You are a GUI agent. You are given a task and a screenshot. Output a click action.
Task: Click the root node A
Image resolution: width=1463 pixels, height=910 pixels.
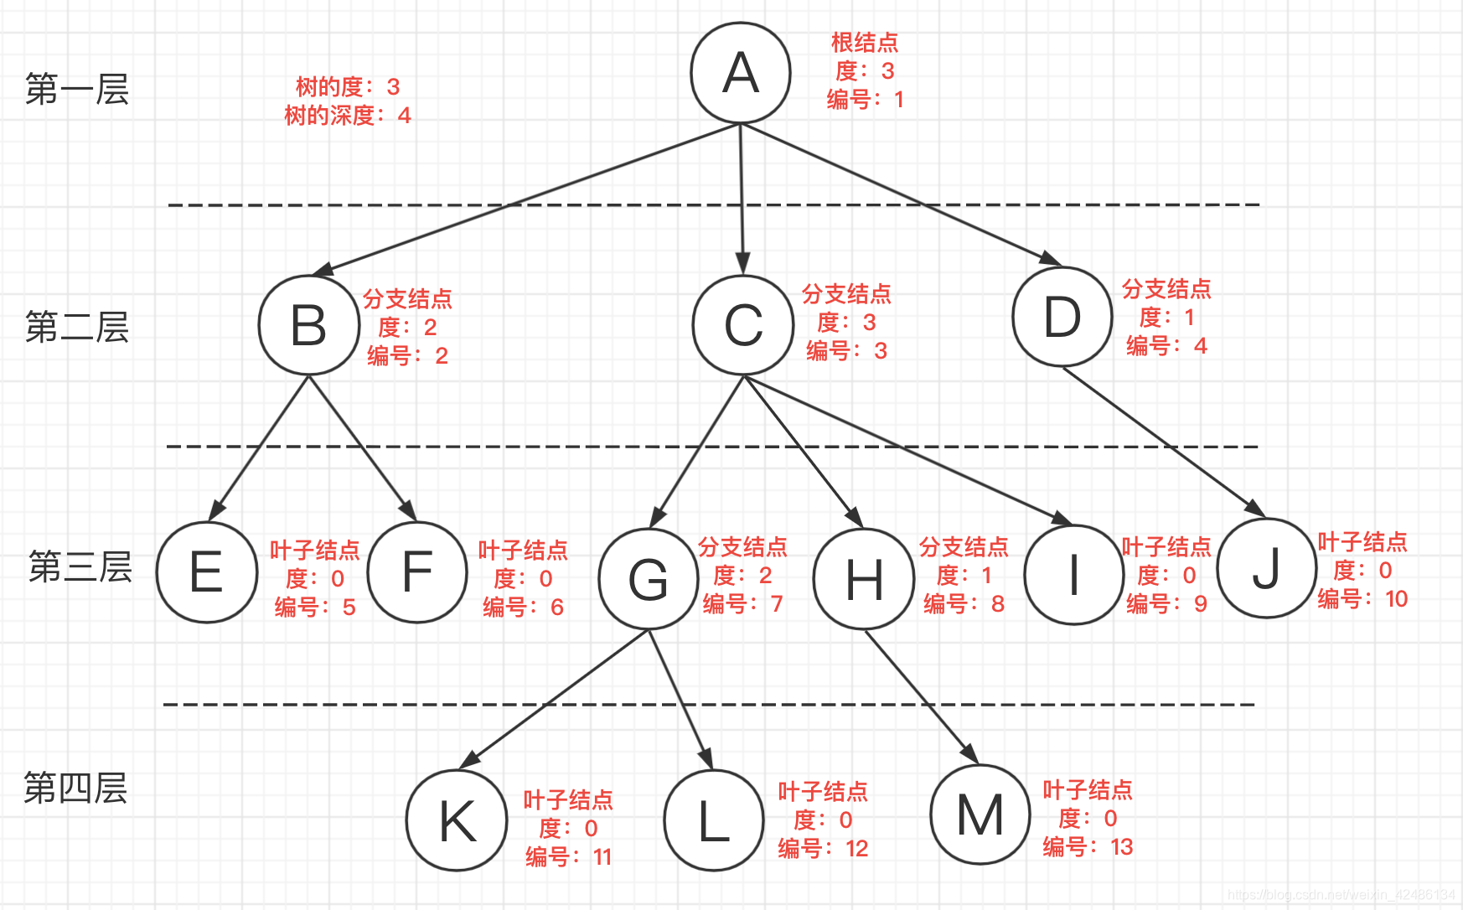coord(741,73)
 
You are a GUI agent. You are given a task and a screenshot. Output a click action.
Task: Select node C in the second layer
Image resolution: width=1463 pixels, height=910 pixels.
coord(743,325)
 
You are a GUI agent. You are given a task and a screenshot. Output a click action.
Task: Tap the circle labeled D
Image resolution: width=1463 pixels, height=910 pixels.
coord(1062,317)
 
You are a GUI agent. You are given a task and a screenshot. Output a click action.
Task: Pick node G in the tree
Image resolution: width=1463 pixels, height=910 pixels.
coord(649,579)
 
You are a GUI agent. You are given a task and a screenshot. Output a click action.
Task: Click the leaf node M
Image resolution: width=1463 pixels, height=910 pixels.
coord(980,814)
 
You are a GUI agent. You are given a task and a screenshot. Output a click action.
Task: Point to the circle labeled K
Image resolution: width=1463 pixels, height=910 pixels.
coord(457,820)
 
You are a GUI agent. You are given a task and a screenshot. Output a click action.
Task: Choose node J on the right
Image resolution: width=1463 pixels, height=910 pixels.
coord(1266,568)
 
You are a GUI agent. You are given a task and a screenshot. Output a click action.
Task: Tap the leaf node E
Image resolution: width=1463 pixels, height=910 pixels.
coord(206,572)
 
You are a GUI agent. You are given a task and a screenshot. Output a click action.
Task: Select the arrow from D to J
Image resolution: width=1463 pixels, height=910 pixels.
coord(1165,442)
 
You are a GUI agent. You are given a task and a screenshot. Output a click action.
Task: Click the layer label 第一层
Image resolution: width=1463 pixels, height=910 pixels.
coord(77,89)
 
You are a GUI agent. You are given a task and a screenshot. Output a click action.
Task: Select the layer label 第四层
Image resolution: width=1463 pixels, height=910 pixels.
coord(75,788)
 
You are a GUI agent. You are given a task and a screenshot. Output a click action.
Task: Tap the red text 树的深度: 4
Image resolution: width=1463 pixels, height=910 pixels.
coord(347,116)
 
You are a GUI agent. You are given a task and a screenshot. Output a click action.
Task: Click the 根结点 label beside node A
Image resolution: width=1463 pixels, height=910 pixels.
coord(864,43)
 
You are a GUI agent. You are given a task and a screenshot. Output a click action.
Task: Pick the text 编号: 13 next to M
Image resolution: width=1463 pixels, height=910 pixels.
coord(1087,847)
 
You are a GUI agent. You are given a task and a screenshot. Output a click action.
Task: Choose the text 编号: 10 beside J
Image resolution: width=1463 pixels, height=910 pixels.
coord(1362,599)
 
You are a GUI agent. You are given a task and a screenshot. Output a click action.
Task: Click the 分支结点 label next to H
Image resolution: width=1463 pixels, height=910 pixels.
coord(964,547)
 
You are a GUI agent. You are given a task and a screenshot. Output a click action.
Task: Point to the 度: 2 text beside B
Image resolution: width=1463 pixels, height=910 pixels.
coord(407,328)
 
